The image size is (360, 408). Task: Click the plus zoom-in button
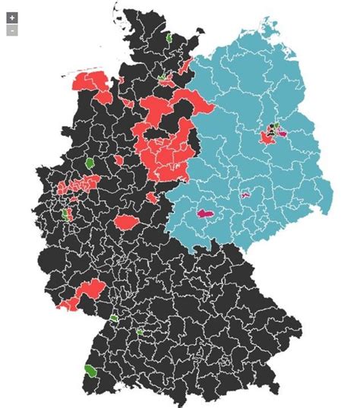click(12, 17)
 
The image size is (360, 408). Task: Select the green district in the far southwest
click(90, 371)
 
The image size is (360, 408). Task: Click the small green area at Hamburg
click(162, 77)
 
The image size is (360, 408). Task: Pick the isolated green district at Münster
click(90, 162)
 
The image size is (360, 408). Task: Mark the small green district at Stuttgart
click(139, 331)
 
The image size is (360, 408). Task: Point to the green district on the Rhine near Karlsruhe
click(114, 318)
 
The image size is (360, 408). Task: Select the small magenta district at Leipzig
click(245, 195)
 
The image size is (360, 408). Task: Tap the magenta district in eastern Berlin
click(283, 133)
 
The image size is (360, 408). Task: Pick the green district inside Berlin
click(276, 127)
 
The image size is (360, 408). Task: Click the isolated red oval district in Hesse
click(125, 223)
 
